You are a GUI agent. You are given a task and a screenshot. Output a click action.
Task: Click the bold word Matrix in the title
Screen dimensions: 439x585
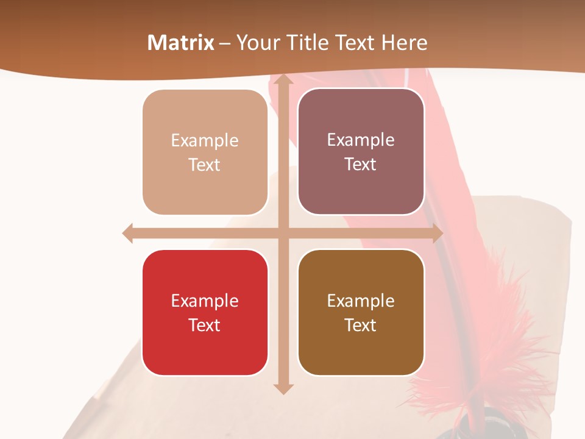pyautogui.click(x=181, y=43)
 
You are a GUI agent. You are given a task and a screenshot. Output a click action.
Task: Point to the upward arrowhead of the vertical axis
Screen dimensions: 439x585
pyautogui.click(x=283, y=79)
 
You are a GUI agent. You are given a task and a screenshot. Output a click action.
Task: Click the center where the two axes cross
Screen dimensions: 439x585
pyautogui.click(x=283, y=233)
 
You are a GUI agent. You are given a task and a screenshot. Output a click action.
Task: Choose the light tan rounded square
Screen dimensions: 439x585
pyautogui.click(x=205, y=152)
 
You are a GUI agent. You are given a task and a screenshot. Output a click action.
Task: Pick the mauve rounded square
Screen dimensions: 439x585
pyautogui.click(x=361, y=152)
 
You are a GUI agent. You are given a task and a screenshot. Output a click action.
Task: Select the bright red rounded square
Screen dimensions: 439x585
pyautogui.click(x=205, y=312)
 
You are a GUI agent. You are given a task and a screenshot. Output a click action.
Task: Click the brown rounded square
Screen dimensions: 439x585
pyautogui.click(x=361, y=312)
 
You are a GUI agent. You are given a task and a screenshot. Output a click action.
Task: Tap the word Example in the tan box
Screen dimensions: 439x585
pyautogui.click(x=205, y=141)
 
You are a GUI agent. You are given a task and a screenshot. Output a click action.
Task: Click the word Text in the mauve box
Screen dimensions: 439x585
pyautogui.click(x=361, y=165)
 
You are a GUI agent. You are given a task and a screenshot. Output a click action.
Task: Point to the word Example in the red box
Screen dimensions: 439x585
pyautogui.click(x=205, y=301)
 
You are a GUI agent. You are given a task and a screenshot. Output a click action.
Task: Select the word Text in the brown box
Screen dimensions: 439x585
pyautogui.click(x=361, y=325)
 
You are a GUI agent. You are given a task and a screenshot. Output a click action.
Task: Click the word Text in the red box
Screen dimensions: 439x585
pyautogui.click(x=205, y=325)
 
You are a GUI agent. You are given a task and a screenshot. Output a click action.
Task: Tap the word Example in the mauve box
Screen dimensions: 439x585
pyautogui.click(x=361, y=140)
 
